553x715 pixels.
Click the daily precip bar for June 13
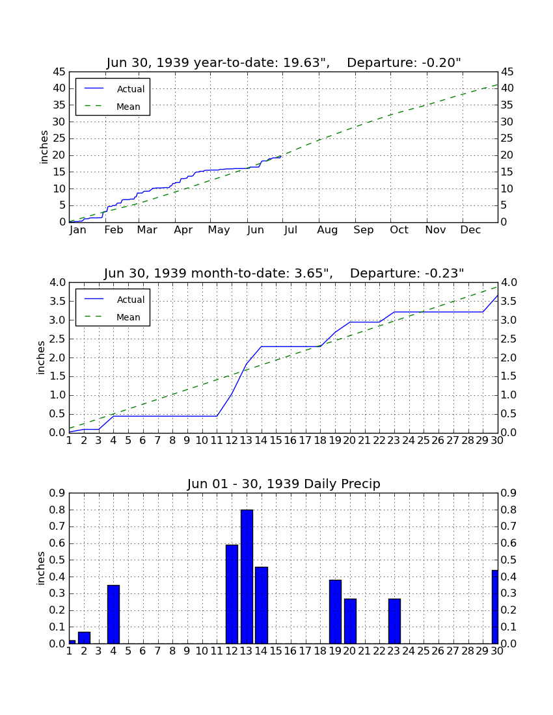[x=247, y=577]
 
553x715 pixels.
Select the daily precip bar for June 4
[x=114, y=614]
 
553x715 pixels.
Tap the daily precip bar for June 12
[x=232, y=594]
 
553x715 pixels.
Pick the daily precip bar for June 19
[x=335, y=612]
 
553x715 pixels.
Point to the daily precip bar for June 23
[x=395, y=621]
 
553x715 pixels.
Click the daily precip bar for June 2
[x=84, y=638]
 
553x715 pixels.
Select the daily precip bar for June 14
[x=262, y=605]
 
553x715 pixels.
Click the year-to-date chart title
[x=284, y=62]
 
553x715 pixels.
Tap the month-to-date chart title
[x=284, y=273]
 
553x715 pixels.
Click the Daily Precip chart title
[x=284, y=484]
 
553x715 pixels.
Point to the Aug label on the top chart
[x=328, y=230]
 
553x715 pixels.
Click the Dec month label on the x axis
[x=470, y=230]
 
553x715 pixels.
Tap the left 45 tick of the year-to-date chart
[x=59, y=72]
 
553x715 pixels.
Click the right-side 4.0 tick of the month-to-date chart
[x=509, y=283]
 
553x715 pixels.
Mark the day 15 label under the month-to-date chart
[x=276, y=441]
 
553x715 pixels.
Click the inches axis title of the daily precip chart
[x=40, y=568]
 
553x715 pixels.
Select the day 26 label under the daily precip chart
[x=438, y=651]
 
